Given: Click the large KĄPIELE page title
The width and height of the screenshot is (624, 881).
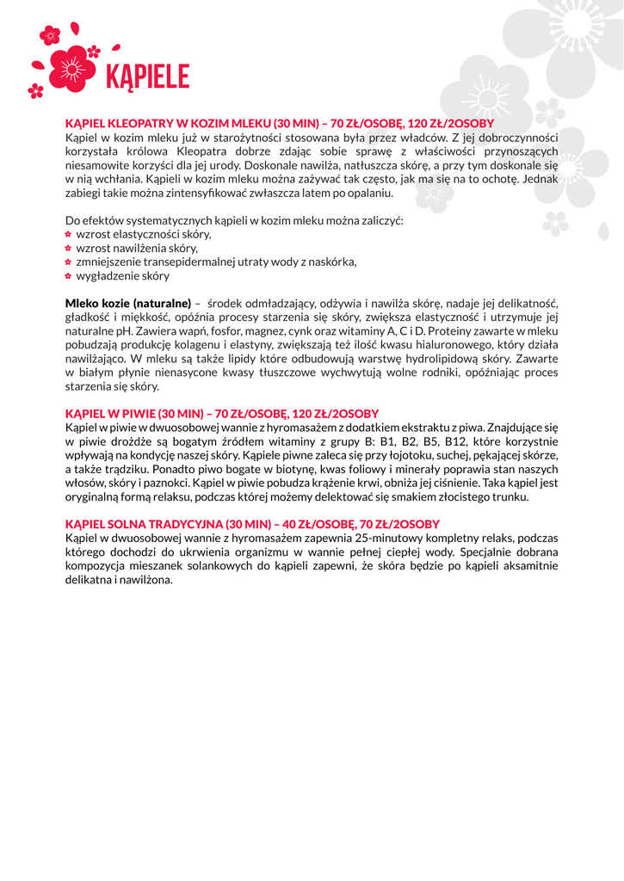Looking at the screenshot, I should pos(146,77).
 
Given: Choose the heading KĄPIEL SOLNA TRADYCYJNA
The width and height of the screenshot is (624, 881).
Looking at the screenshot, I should pos(144,524).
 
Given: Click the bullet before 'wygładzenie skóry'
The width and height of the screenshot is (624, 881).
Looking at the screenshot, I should pos(69,276).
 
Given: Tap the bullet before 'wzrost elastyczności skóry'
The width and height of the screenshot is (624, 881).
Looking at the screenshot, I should pos(69,234).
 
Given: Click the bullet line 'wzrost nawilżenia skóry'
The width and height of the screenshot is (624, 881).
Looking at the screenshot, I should pos(125,248).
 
